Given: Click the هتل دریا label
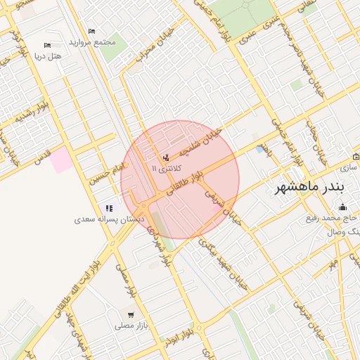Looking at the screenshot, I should [x=49, y=55].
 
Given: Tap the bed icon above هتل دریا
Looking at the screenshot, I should [x=47, y=44].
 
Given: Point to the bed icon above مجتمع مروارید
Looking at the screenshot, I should [x=91, y=32].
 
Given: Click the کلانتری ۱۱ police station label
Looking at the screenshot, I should [x=167, y=169].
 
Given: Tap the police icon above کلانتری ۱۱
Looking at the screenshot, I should [x=166, y=157].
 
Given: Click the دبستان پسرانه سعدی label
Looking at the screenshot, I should [x=109, y=219].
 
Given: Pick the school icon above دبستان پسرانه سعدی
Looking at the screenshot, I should [x=108, y=208].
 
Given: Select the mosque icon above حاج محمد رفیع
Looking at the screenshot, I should [x=342, y=207].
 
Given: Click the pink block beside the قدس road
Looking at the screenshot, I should [x=60, y=159].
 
